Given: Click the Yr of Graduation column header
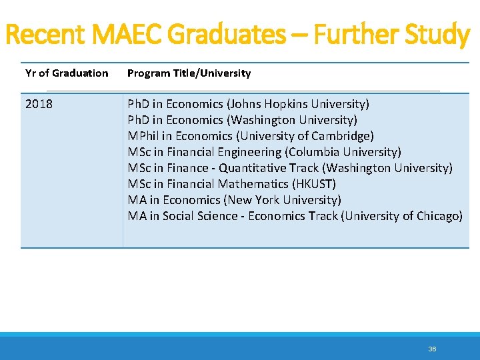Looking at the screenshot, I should click(67, 73).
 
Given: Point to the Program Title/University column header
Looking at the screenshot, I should click(189, 73).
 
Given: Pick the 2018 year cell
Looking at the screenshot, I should click(39, 104).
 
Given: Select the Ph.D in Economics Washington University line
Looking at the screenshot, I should click(242, 120).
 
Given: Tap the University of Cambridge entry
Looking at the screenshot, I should click(304, 136).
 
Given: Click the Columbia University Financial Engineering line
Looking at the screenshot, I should click(264, 152).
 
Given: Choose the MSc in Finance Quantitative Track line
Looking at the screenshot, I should click(289, 168).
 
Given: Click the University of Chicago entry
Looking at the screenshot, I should click(402, 216).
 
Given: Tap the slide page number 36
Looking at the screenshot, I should click(432, 349).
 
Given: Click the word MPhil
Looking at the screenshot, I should click(143, 136).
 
